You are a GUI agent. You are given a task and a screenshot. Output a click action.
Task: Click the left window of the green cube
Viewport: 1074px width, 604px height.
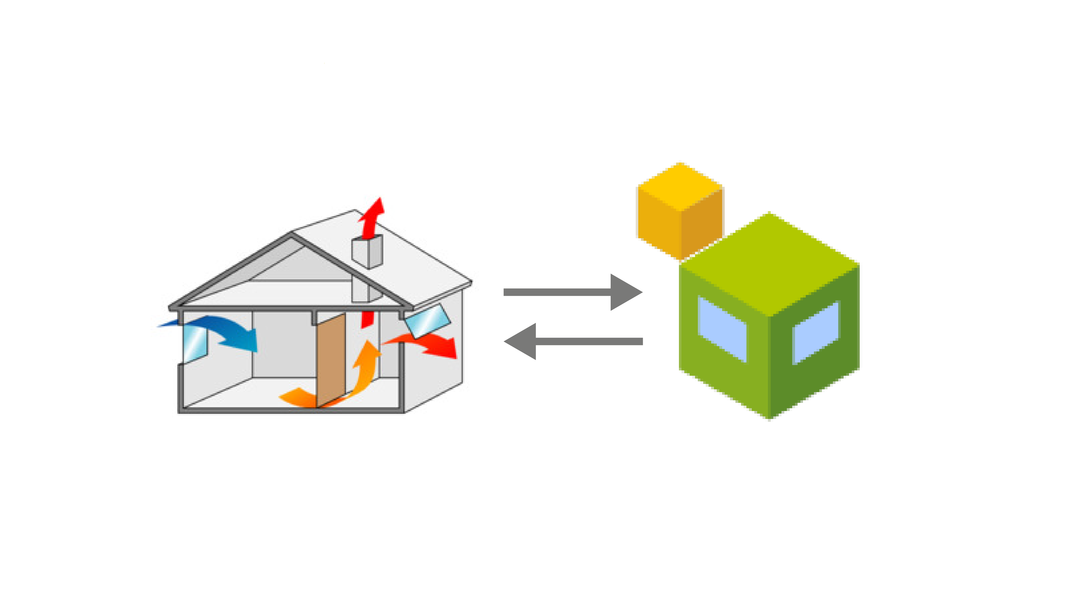point(722,329)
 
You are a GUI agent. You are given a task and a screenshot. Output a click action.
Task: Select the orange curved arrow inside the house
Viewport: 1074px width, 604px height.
point(359,375)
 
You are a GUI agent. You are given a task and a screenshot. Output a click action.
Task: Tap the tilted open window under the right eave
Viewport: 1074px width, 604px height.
point(427,321)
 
